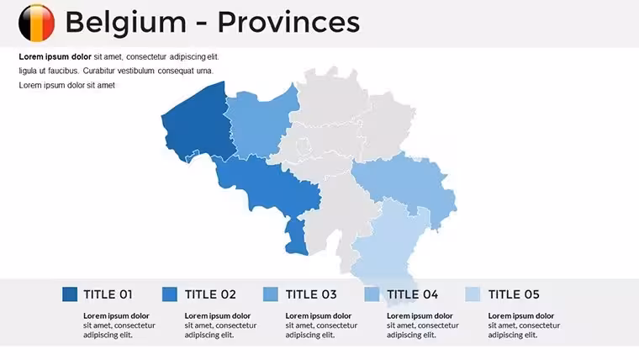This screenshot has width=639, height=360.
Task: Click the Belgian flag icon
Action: pyautogui.click(x=37, y=23)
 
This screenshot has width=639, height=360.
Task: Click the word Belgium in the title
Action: pyautogui.click(x=125, y=23)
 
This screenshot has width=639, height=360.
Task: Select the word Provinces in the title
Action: pyautogui.click(x=288, y=22)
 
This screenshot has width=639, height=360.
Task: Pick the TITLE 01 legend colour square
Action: pyautogui.click(x=70, y=294)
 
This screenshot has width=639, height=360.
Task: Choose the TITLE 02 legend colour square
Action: pyautogui.click(x=170, y=294)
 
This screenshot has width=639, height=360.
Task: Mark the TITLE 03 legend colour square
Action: pyautogui.click(x=271, y=294)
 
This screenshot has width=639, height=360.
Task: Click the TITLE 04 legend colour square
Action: pyautogui.click(x=372, y=294)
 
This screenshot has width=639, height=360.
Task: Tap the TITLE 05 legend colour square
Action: pyautogui.click(x=473, y=294)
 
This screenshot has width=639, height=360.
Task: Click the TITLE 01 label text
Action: pyautogui.click(x=108, y=294)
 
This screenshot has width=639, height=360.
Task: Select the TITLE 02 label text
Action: pyautogui.click(x=210, y=294)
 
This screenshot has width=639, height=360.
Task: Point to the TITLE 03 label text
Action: pyautogui.click(x=311, y=294)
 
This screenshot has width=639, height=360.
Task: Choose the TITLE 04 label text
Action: pyautogui.click(x=413, y=294)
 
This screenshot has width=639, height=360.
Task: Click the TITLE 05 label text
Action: pyautogui.click(x=514, y=294)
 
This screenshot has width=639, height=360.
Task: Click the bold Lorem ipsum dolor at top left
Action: pyautogui.click(x=55, y=56)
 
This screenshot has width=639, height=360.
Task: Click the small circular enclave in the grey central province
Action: pyautogui.click(x=303, y=145)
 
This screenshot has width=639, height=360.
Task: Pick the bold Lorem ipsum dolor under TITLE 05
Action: pyautogui.click(x=520, y=316)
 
